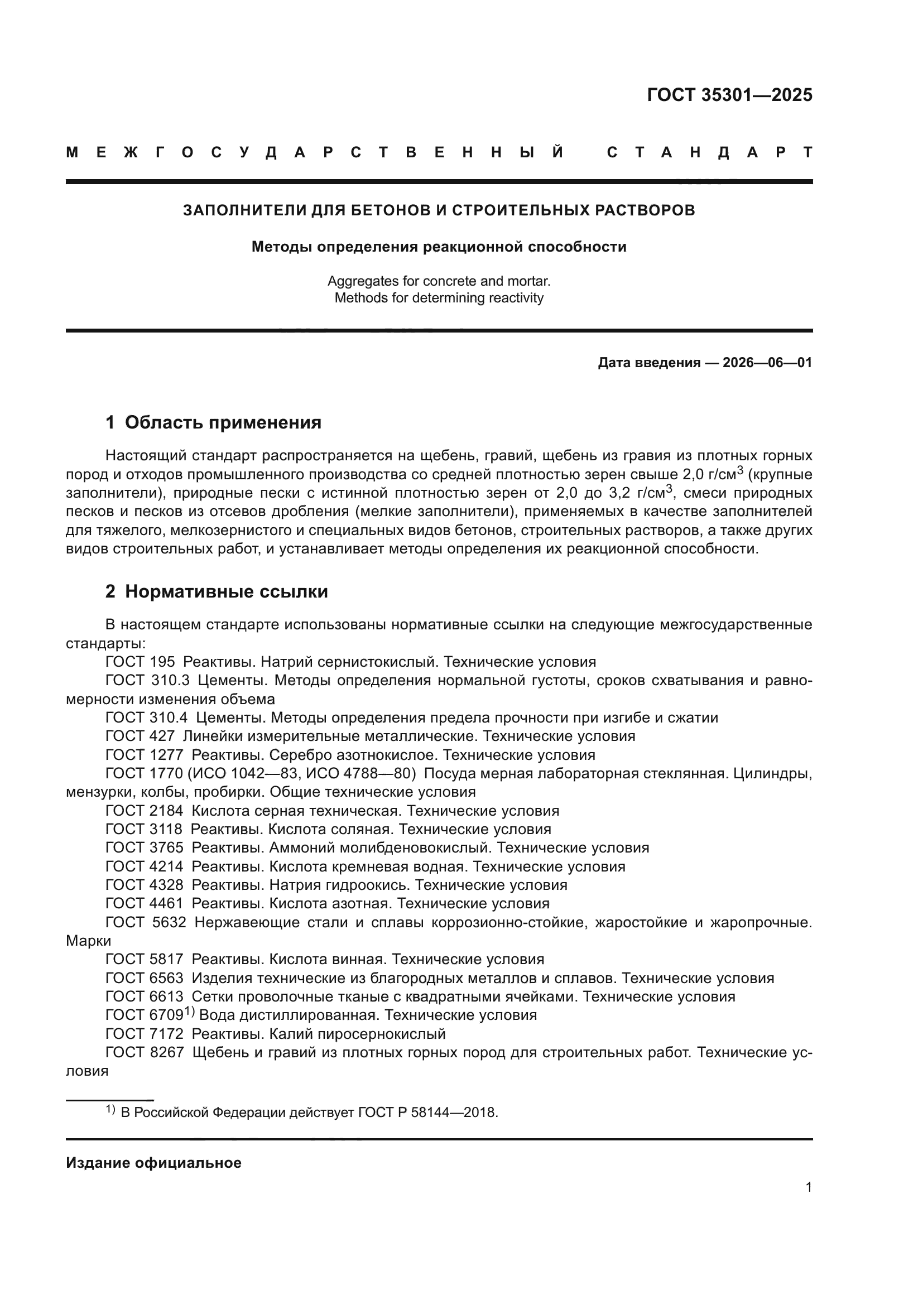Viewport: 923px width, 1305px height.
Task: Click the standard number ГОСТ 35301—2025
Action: tap(729, 95)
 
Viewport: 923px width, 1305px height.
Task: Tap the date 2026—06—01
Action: tap(767, 363)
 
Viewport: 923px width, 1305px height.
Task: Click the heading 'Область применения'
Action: tap(223, 422)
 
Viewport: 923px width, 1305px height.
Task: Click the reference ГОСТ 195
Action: tap(140, 662)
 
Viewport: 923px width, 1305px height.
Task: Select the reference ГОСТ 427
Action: tap(140, 736)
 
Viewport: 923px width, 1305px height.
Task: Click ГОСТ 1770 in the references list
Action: tap(144, 773)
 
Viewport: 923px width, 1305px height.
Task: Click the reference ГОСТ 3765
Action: tap(145, 848)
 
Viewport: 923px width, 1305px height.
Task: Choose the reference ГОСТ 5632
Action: tap(146, 922)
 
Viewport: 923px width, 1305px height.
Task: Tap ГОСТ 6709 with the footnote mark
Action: tap(145, 1015)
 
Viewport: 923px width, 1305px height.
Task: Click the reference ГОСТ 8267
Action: tap(145, 1053)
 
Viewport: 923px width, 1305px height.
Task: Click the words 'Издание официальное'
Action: tap(153, 1163)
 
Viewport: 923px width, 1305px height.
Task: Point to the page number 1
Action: tap(808, 1187)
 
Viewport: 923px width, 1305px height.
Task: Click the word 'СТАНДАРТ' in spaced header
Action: tap(709, 152)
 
